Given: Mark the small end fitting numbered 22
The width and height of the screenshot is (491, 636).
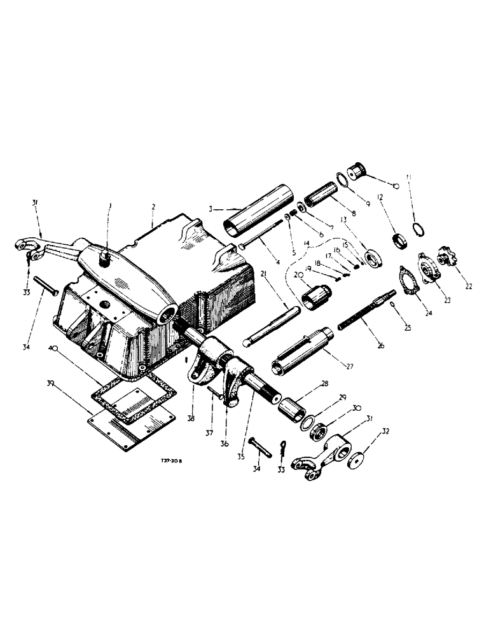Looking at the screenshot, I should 448,261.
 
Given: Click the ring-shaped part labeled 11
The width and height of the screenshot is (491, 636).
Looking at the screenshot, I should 420,227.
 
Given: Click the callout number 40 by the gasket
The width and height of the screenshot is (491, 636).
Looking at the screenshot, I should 55,349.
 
